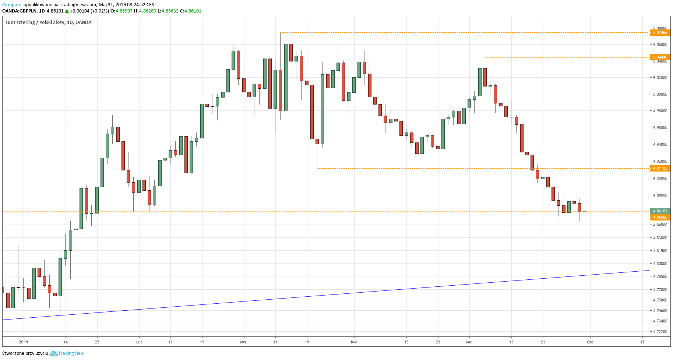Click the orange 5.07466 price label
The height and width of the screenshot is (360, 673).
pyautogui.click(x=660, y=32)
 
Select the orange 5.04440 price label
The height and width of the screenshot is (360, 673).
pyautogui.click(x=660, y=57)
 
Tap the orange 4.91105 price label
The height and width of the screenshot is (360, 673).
pyautogui.click(x=660, y=168)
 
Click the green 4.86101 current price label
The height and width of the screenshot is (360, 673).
pyautogui.click(x=660, y=211)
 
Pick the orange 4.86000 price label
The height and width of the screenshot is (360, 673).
pyautogui.click(x=660, y=217)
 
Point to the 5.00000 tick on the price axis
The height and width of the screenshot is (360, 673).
pyautogui.click(x=660, y=94)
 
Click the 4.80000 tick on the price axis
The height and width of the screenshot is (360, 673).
pyautogui.click(x=660, y=264)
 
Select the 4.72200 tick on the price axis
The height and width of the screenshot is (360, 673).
pyautogui.click(x=660, y=332)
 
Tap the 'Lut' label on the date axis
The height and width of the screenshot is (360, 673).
pyautogui.click(x=139, y=342)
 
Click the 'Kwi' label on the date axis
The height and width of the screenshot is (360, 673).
pyautogui.click(x=354, y=342)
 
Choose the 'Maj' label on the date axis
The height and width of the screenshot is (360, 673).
pyautogui.click(x=469, y=342)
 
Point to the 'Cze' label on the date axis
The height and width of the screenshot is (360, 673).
pyautogui.click(x=590, y=342)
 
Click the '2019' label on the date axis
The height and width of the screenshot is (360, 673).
pyautogui.click(x=24, y=342)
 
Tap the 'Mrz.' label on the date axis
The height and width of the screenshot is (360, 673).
pyautogui.click(x=244, y=342)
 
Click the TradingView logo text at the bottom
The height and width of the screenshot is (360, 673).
pyautogui.click(x=71, y=353)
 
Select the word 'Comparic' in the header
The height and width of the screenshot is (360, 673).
pyautogui.click(x=12, y=5)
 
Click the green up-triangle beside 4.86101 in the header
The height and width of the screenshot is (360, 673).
pyautogui.click(x=67, y=11)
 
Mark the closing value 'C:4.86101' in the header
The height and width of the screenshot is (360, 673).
pyautogui.click(x=191, y=11)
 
